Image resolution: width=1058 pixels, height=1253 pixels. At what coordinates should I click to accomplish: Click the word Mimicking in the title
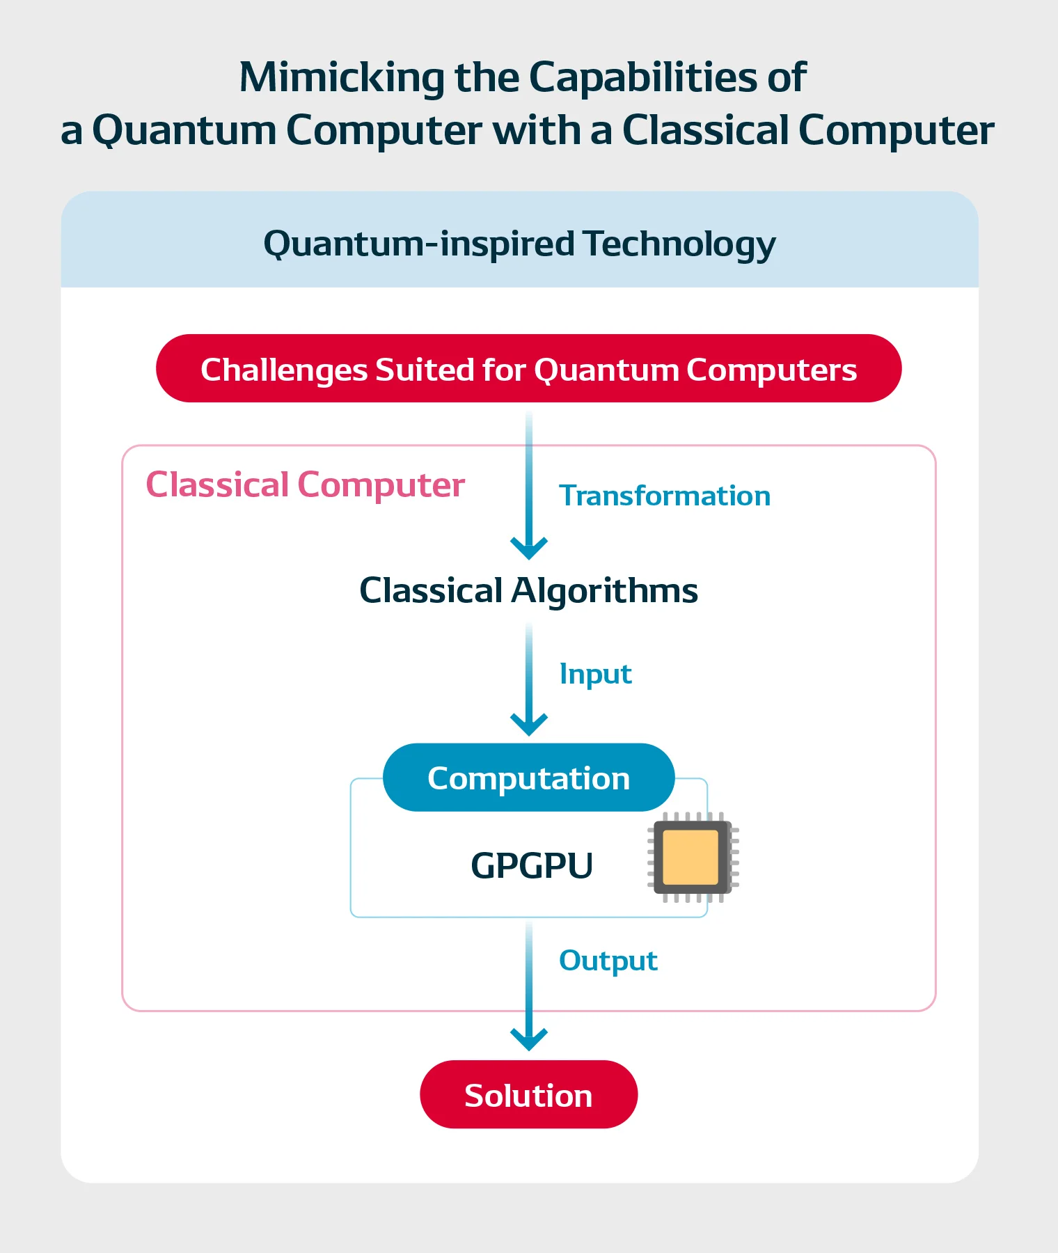[x=342, y=78]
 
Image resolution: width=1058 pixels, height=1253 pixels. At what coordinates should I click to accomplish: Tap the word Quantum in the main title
[x=184, y=131]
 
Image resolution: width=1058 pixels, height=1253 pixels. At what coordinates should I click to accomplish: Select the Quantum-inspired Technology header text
[x=519, y=244]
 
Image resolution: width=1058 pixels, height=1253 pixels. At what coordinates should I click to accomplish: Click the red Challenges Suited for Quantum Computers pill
[x=528, y=368]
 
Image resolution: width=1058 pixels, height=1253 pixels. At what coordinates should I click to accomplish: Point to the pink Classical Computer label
[x=305, y=485]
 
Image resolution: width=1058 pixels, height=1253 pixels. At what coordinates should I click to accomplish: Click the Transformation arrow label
[x=665, y=496]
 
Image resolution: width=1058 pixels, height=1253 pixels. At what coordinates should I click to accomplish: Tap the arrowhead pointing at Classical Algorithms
[x=529, y=548]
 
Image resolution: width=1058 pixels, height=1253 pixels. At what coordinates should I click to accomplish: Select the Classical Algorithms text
[x=528, y=591]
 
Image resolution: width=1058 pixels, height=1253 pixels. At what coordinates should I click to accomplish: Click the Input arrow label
[x=595, y=675]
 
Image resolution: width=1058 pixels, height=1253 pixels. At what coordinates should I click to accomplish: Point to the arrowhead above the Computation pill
[x=529, y=725]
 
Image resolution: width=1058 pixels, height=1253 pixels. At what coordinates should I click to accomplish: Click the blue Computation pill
[x=528, y=778]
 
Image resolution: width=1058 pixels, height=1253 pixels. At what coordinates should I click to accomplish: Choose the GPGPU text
[x=532, y=866]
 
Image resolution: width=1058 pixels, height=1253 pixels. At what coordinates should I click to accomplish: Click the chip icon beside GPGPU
[x=693, y=857]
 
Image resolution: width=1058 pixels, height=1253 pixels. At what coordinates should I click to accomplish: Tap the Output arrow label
[x=608, y=961]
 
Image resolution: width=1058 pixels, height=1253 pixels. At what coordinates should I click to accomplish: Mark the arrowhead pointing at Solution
[x=529, y=1039]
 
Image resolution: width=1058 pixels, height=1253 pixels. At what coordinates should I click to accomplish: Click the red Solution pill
[x=528, y=1094]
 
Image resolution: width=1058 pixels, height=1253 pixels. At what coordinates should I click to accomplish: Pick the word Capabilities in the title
[x=642, y=78]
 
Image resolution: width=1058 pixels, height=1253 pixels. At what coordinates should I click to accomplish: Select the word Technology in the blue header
[x=679, y=244]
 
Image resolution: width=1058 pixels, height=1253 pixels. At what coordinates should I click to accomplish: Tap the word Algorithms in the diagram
[x=604, y=591]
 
